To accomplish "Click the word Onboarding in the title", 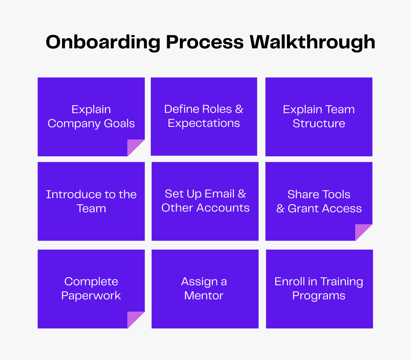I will point(103,43).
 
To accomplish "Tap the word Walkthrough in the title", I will point(312,43).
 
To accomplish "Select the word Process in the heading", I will point(204,43).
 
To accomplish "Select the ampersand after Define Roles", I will point(239,109).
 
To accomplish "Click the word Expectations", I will point(204,123).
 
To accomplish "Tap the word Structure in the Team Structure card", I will point(319,123).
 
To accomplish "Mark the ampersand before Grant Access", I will point(280,208).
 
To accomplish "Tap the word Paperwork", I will point(91,296).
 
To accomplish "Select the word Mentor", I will point(204,296).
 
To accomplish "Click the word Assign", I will point(199,282).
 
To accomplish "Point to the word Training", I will point(341,282).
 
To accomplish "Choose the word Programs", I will point(319,296).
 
